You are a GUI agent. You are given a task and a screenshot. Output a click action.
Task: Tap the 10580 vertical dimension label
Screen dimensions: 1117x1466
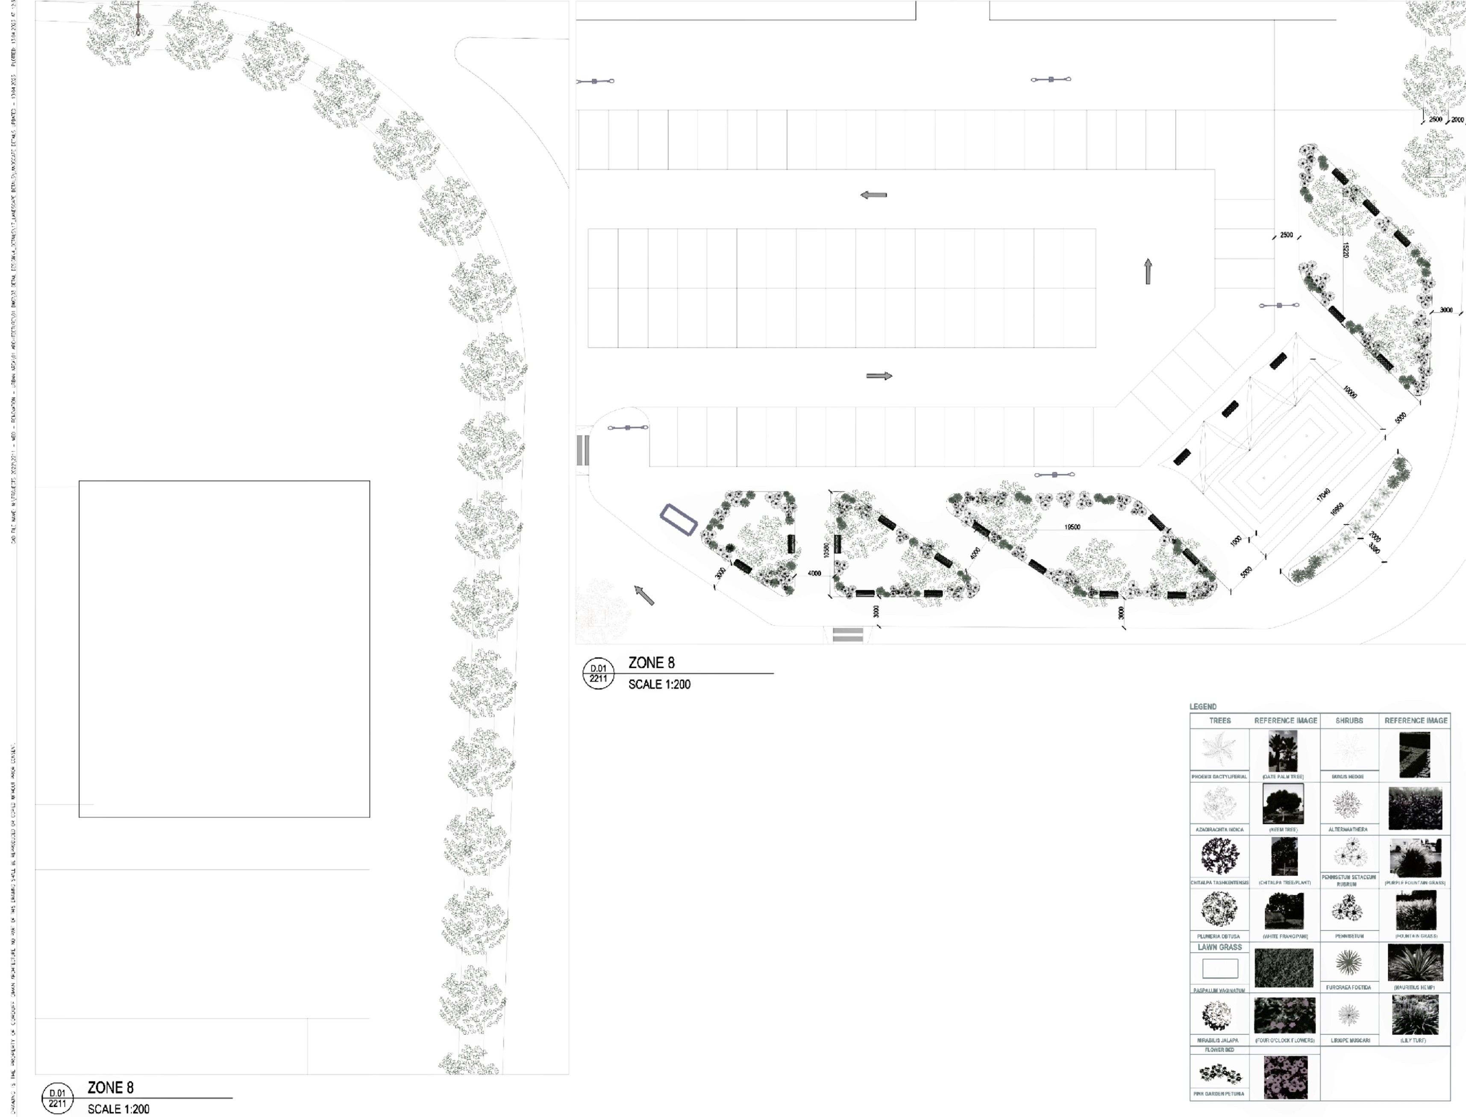click(x=826, y=550)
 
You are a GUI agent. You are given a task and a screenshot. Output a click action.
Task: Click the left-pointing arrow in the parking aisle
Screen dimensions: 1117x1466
click(x=874, y=195)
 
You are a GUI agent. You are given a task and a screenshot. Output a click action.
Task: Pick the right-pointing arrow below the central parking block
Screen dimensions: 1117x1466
click(x=879, y=376)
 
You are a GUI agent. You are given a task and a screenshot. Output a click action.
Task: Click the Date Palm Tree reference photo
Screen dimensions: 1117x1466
click(x=1283, y=751)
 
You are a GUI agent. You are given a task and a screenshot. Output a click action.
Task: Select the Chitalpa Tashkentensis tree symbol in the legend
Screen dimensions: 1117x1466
click(x=1219, y=856)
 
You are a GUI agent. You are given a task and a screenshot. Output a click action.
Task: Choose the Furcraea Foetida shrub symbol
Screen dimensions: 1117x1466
click(x=1348, y=962)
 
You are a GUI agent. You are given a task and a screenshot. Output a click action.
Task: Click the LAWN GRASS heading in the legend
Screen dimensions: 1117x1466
click(x=1219, y=947)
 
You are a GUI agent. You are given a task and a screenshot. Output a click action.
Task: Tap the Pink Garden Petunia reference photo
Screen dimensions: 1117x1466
click(x=1285, y=1077)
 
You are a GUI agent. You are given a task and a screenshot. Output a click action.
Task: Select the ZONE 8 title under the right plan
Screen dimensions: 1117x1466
click(x=651, y=662)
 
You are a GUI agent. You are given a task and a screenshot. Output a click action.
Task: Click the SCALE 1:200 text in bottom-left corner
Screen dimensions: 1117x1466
click(x=118, y=1108)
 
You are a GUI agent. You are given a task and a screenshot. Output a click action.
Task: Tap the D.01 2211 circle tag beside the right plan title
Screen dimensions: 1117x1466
click(x=598, y=673)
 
